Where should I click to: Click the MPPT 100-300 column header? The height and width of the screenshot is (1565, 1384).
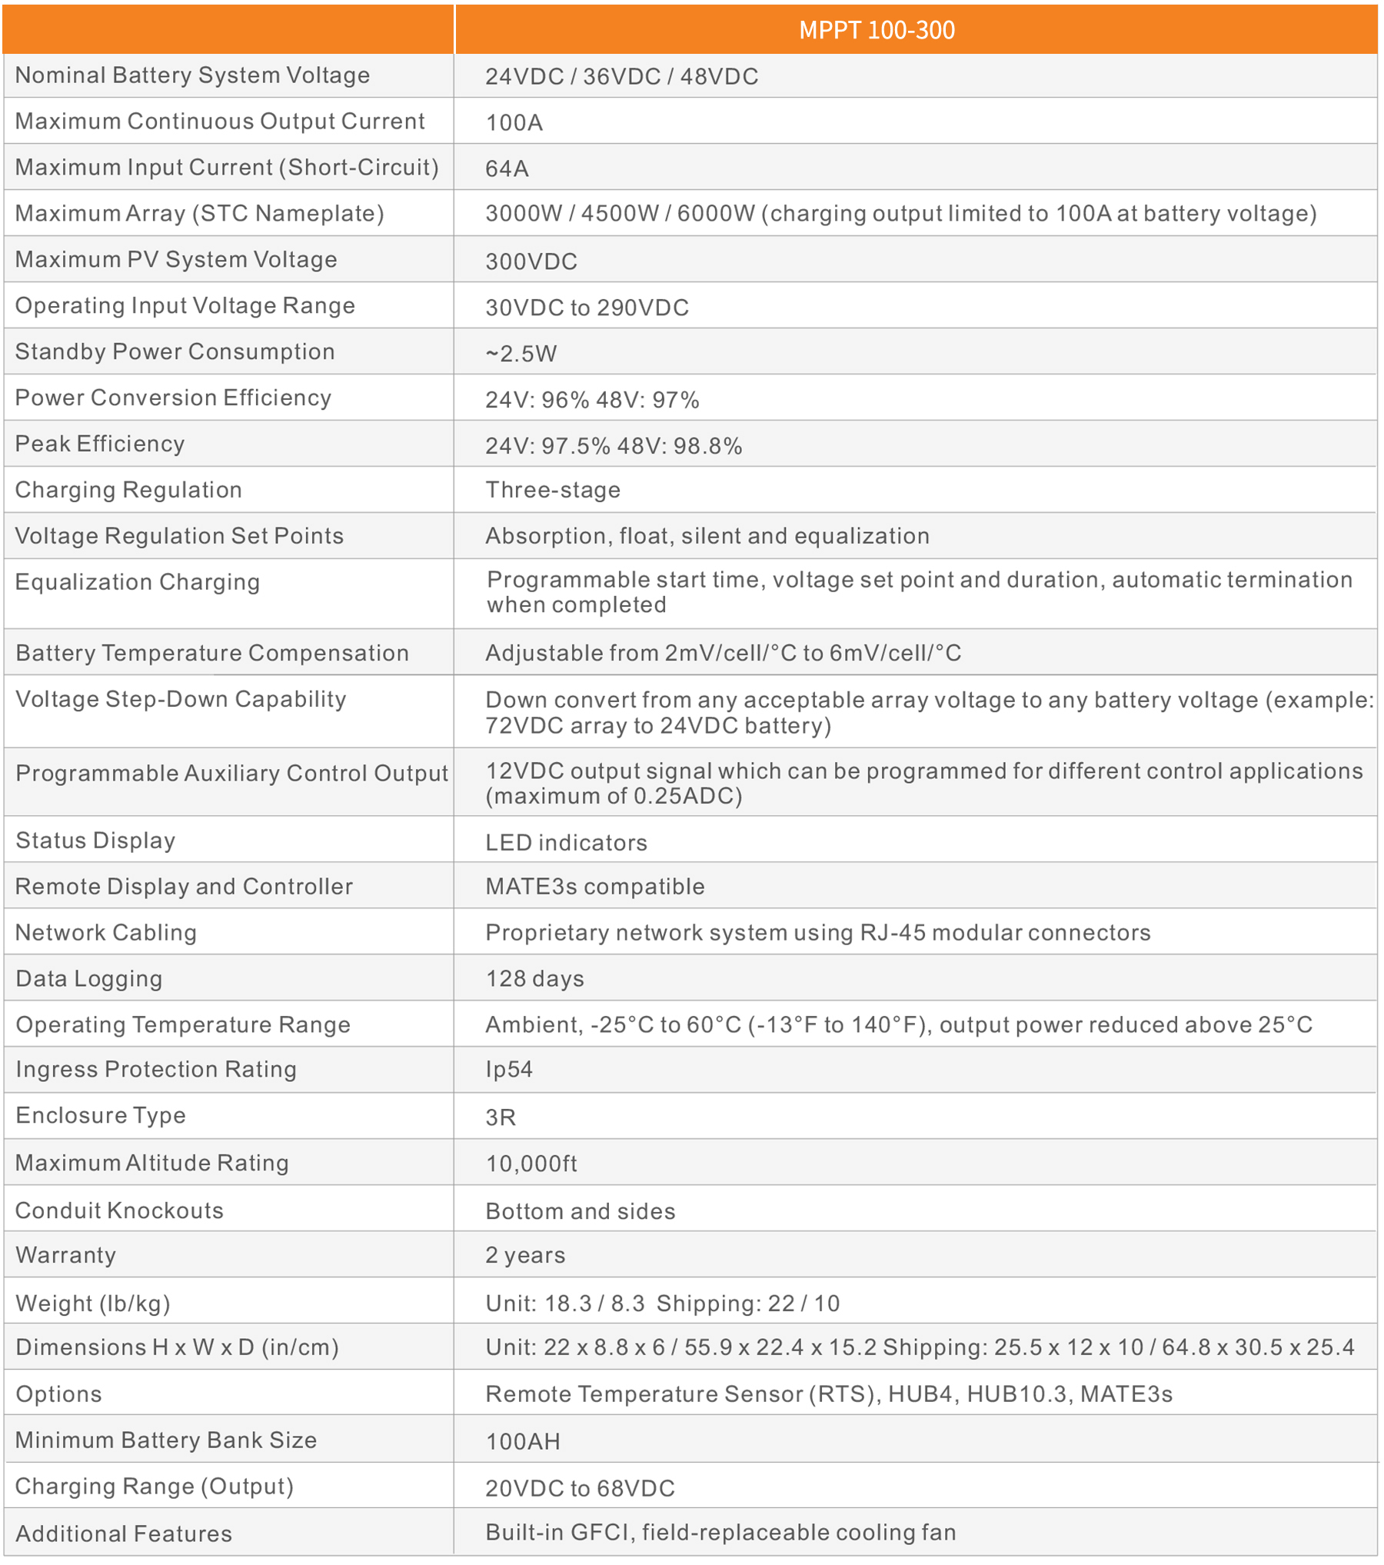coord(877,30)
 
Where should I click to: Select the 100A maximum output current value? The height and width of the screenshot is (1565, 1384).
coord(514,122)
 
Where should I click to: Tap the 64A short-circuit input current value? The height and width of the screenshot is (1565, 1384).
coord(507,168)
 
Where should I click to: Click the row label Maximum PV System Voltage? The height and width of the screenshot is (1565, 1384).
coord(176,259)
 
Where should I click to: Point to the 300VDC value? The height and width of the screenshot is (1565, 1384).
coord(531,261)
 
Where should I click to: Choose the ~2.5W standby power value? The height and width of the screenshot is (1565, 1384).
coord(521,353)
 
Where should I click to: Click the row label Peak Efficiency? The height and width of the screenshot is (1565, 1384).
coord(100,444)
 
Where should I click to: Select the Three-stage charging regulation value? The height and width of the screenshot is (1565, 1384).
coord(553,490)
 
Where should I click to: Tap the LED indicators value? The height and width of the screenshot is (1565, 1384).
coord(566,842)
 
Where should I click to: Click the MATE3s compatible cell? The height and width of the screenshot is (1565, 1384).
coord(595,886)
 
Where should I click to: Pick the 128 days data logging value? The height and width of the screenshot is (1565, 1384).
coord(535,978)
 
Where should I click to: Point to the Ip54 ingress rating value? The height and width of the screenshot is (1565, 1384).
coord(509,1069)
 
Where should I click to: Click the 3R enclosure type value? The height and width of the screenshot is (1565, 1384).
coord(501,1117)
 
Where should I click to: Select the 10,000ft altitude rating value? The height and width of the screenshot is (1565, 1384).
coord(531,1163)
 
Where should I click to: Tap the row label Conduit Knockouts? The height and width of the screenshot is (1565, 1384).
coord(119,1210)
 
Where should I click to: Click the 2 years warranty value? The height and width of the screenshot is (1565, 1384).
coord(525,1255)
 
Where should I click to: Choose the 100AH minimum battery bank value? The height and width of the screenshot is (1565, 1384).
coord(523,1441)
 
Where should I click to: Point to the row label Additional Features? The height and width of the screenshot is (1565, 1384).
coord(124,1533)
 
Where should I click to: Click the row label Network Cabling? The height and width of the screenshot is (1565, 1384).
coord(106,932)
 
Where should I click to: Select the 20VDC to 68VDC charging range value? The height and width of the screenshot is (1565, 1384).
coord(580,1488)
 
